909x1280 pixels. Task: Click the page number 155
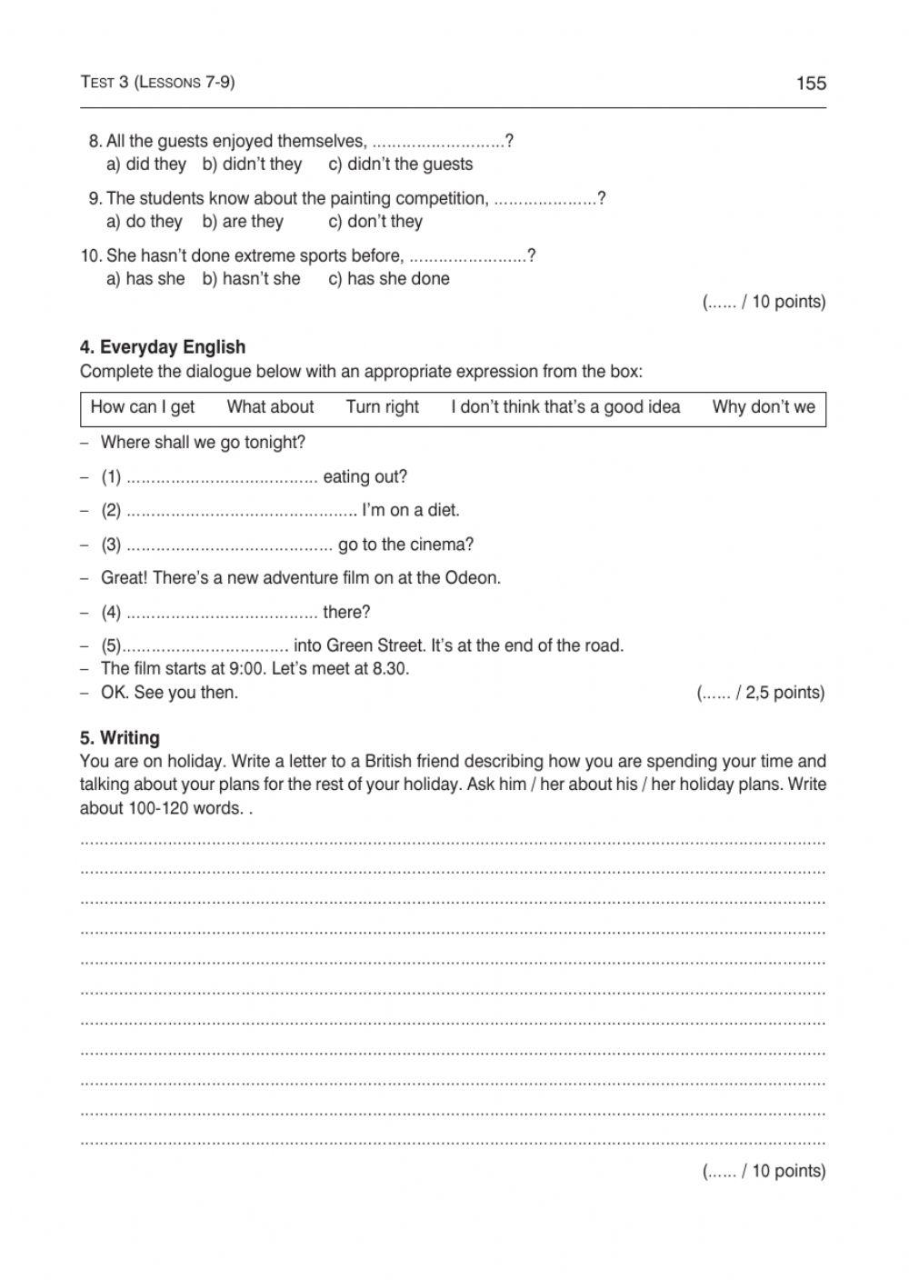point(811,84)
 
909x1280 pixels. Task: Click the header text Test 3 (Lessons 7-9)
point(157,82)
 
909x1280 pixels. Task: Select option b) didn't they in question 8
point(252,165)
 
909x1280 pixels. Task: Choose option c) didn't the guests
point(400,165)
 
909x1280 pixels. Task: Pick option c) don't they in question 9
point(375,222)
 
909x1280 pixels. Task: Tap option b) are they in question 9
point(243,222)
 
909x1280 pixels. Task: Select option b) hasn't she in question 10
point(251,279)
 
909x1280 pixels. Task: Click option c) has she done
point(388,279)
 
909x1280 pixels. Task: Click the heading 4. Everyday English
point(163,347)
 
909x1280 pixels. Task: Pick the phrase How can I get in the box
point(143,407)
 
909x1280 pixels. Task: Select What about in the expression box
point(270,407)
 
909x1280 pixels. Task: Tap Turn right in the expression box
point(382,407)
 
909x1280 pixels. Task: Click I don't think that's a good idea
point(565,407)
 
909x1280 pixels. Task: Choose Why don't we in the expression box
point(764,407)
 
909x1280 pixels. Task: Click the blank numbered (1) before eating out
point(222,477)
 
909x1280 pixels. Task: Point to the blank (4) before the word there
point(222,613)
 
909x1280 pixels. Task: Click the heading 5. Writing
point(120,738)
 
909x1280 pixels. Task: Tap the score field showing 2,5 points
point(761,693)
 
